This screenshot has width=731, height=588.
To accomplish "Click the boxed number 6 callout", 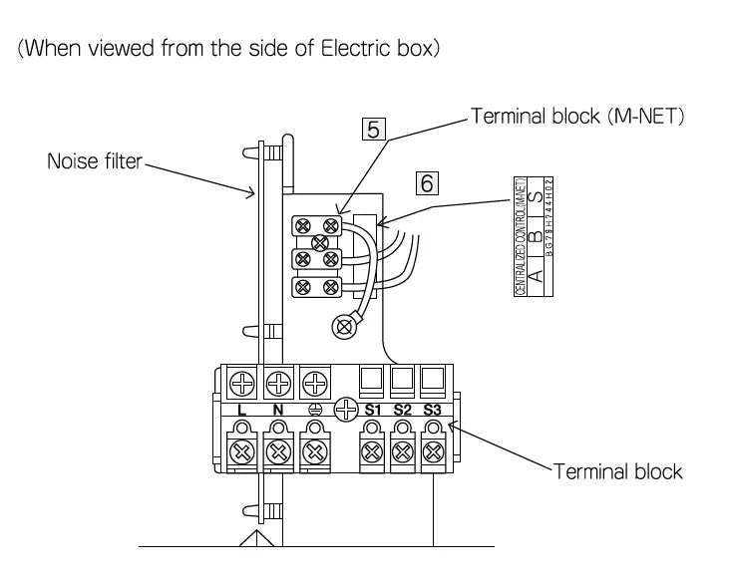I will (427, 181).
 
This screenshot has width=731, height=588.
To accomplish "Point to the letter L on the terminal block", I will (242, 410).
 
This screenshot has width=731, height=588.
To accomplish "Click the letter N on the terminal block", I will (278, 410).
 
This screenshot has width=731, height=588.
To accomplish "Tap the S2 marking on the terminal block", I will (403, 410).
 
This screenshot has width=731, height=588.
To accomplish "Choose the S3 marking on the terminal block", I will (431, 410).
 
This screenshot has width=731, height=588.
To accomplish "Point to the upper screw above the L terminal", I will (242, 381).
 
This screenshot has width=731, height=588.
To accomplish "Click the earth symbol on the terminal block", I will (314, 410).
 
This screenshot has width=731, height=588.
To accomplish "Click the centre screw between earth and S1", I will (345, 408).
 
